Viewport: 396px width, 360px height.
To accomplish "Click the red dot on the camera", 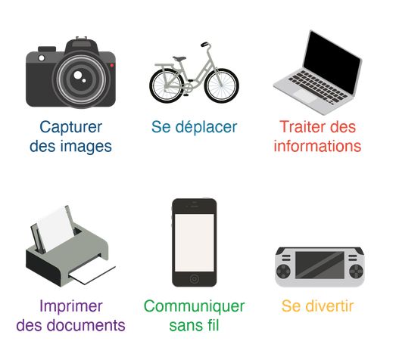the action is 111,65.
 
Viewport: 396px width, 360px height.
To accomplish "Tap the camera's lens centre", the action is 80,79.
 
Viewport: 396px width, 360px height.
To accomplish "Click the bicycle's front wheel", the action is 222,85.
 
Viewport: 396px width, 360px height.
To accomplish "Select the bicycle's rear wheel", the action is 167,85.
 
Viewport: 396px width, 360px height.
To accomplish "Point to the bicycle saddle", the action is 179,58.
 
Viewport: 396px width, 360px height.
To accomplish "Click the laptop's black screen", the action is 332,61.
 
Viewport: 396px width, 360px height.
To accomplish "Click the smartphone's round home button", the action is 194,279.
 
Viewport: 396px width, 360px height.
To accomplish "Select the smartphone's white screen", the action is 194,243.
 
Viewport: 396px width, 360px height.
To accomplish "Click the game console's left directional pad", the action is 283,272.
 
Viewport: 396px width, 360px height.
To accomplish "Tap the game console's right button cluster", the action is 356,272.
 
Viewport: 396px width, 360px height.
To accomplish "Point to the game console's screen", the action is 320,265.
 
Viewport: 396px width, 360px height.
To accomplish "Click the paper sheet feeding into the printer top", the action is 55,228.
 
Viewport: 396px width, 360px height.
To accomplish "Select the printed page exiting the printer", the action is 92,275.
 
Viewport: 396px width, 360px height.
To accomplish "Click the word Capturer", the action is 70,127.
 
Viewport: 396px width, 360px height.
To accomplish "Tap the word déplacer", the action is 206,126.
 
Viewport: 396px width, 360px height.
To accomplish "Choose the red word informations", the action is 317,146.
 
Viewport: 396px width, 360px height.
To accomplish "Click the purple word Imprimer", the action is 71,306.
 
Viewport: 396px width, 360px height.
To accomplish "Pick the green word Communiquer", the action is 194,306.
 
